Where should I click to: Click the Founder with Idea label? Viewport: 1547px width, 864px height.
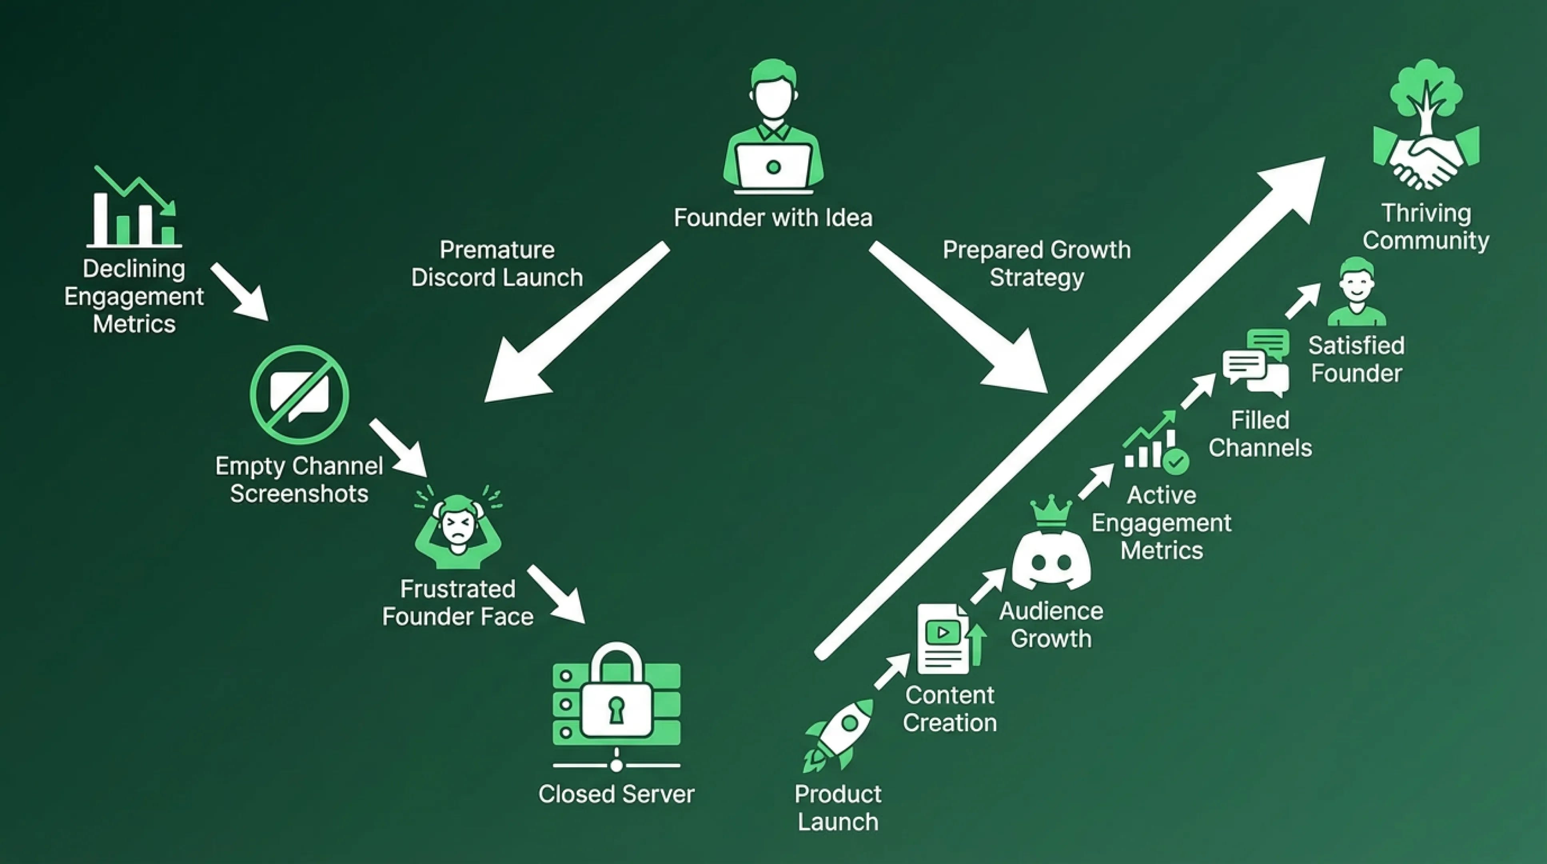(x=773, y=218)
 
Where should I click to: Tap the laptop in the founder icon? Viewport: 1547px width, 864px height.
(x=773, y=168)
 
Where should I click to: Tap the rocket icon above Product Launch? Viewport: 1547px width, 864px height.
(x=839, y=734)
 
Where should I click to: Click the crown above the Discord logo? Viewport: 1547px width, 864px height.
(x=1051, y=511)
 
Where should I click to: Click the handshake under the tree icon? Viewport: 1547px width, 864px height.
(x=1426, y=162)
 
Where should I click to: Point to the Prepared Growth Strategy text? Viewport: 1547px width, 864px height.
(x=1037, y=264)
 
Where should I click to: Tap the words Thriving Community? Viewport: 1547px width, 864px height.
(x=1426, y=226)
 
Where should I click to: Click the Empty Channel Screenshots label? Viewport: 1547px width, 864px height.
(x=299, y=480)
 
